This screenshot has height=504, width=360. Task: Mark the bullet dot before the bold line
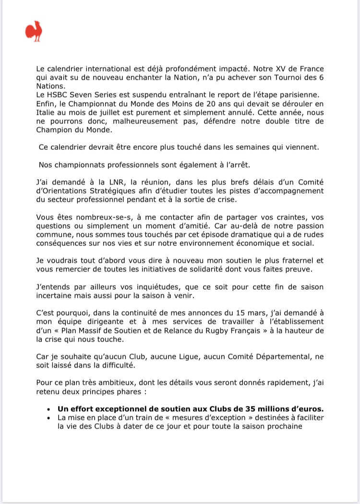pyautogui.click(x=49, y=410)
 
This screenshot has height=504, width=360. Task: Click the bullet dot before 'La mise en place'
pyautogui.click(x=49, y=418)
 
